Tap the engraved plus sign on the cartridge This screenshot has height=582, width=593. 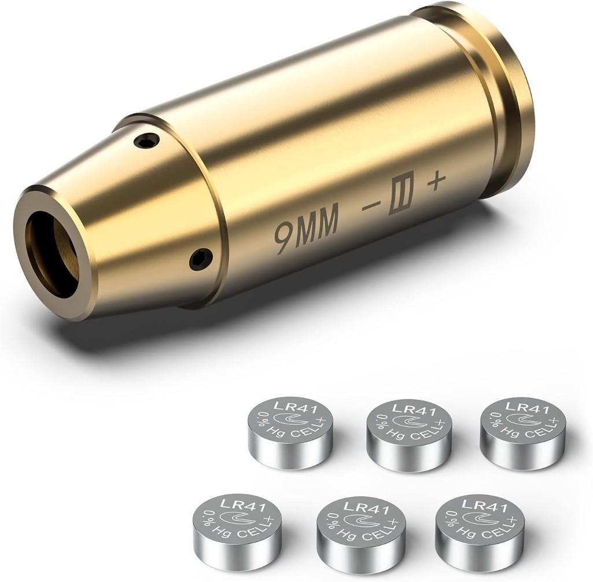[435, 183]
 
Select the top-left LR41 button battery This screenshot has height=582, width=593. [290, 432]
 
